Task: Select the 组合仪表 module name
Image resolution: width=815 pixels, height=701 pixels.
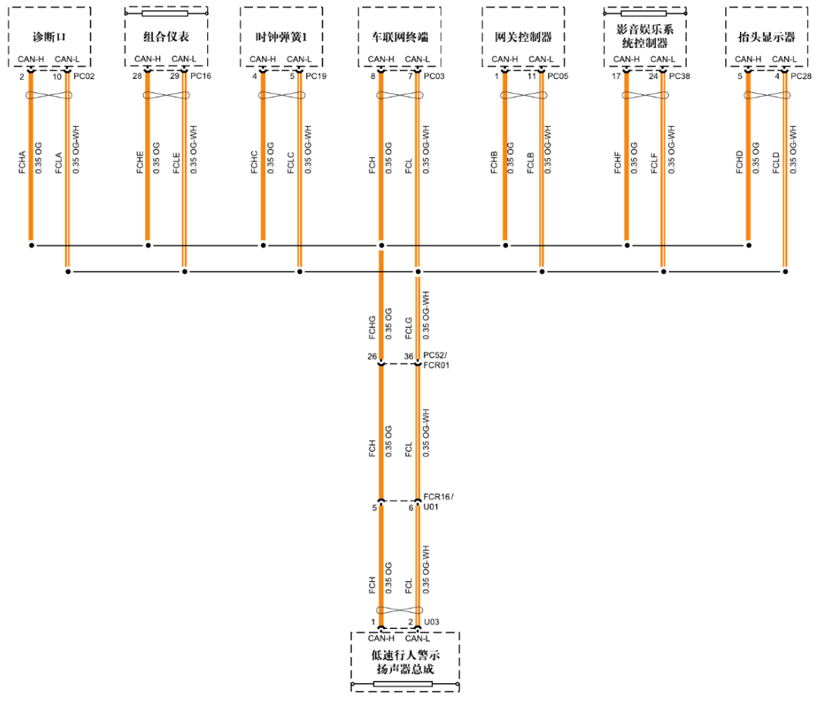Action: pos(166,36)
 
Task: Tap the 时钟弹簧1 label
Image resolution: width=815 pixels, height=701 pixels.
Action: pos(281,36)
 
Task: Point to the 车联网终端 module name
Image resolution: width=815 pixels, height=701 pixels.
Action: pos(399,36)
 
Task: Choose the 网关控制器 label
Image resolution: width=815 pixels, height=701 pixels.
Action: pos(523,36)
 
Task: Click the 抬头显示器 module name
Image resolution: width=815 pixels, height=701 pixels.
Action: pos(766,36)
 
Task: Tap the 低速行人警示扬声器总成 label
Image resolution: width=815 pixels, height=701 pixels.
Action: pos(405,662)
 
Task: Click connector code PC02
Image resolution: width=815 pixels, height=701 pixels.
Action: pos(84,77)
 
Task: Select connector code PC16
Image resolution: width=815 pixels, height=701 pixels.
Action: pos(200,77)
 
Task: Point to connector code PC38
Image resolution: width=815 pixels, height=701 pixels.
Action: pos(680,77)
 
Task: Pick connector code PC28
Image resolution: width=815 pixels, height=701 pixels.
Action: pos(802,77)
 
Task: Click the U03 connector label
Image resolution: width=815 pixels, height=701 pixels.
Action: pos(431,621)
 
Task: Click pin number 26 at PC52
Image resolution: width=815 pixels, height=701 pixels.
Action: pos(372,357)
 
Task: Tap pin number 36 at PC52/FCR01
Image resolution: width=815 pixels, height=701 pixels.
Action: pos(409,357)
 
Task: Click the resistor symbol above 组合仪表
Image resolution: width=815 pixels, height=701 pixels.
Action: pos(165,13)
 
